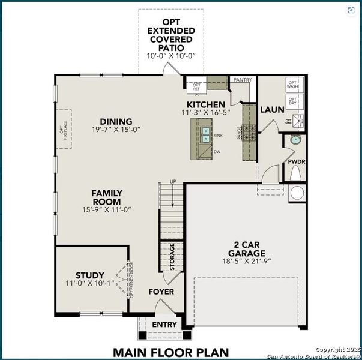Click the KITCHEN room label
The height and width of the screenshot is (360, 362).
(206, 104)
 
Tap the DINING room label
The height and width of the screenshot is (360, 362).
(116, 121)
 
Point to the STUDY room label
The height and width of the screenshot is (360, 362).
(89, 275)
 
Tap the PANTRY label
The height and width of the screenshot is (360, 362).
(243, 79)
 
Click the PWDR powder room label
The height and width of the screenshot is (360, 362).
(297, 162)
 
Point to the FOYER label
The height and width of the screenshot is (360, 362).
(161, 292)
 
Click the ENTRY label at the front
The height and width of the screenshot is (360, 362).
(164, 325)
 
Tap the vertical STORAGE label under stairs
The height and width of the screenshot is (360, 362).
(172, 257)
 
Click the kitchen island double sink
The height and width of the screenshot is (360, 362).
(206, 136)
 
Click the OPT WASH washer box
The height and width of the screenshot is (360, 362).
(292, 85)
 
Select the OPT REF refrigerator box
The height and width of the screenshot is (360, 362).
(196, 86)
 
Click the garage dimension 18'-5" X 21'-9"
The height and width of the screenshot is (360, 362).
(243, 262)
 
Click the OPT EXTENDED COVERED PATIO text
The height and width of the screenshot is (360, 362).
(171, 35)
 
